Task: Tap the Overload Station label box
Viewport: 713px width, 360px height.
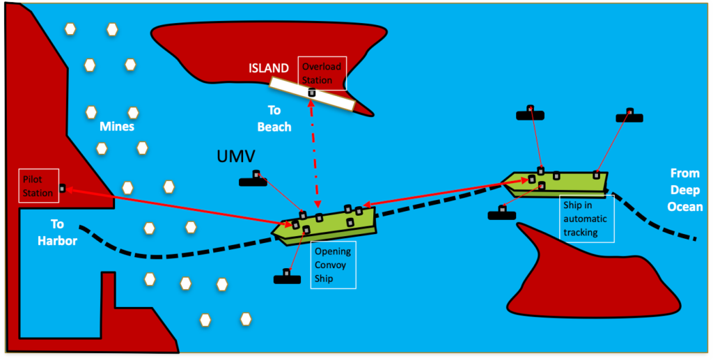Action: click(321, 73)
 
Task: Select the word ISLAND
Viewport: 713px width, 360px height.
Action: click(269, 68)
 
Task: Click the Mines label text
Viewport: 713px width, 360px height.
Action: click(116, 127)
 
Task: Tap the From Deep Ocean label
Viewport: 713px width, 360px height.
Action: click(686, 189)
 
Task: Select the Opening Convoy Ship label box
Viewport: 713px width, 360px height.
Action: click(332, 265)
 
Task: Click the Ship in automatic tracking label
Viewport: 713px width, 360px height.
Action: click(588, 218)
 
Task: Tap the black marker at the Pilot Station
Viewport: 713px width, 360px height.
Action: click(63, 188)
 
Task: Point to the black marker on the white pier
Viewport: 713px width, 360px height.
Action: click(312, 93)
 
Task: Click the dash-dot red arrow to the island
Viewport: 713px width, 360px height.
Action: click(315, 153)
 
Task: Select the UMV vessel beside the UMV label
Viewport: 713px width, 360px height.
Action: click(253, 182)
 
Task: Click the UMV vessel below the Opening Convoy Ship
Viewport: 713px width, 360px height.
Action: click(287, 279)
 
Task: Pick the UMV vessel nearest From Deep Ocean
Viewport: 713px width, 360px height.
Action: click(629, 116)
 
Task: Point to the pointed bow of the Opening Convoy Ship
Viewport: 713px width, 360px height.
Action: click(279, 228)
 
